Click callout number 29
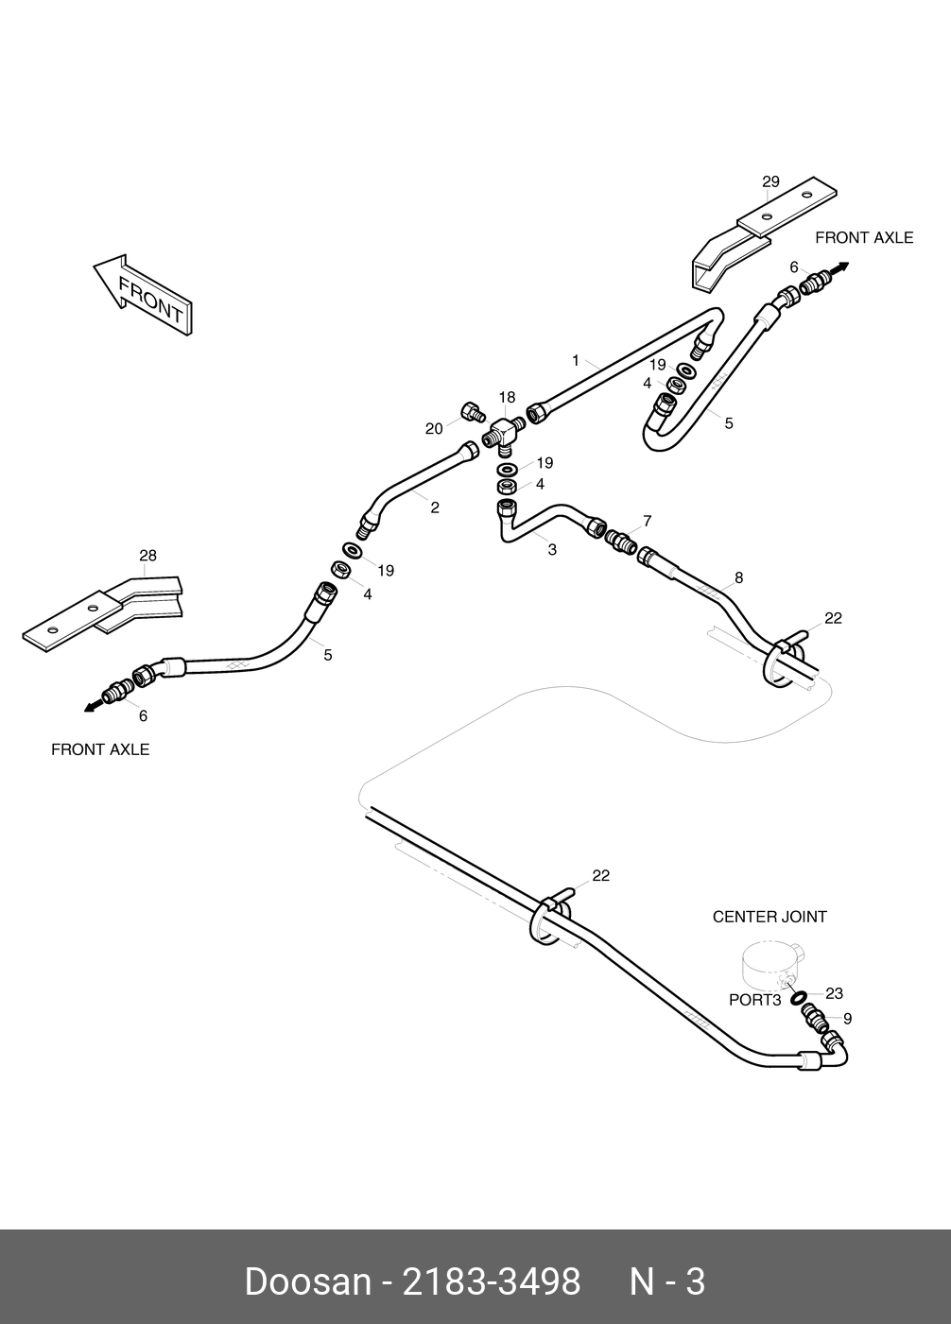click(770, 181)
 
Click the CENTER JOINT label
click(769, 917)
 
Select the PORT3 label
click(754, 1000)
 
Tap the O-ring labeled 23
click(798, 998)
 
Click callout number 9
click(847, 1019)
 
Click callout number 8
click(738, 577)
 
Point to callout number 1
click(575, 360)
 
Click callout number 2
click(435, 507)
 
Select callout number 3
click(552, 549)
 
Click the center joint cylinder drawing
click(771, 963)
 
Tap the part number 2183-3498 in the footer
click(492, 1282)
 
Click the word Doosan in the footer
click(307, 1282)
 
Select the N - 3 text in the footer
click(667, 1282)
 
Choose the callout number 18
click(508, 398)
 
